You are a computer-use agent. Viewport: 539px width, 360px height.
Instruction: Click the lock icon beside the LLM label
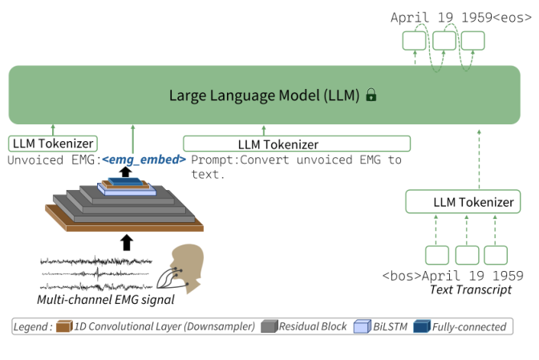(x=371, y=95)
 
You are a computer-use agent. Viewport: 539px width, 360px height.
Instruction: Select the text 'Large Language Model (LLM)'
(x=264, y=95)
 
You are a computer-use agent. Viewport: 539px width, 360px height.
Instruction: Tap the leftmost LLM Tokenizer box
(x=53, y=144)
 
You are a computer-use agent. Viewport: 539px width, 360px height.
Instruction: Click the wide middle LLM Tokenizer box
(x=296, y=144)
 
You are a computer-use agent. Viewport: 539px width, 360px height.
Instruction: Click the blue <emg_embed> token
(x=144, y=160)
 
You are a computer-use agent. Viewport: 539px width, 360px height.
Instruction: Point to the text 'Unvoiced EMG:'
(x=53, y=160)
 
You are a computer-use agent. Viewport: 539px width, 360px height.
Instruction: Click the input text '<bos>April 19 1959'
(x=452, y=276)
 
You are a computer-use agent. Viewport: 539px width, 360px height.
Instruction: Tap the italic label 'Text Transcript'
(x=470, y=289)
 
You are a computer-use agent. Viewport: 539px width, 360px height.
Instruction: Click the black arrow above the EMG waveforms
(x=125, y=242)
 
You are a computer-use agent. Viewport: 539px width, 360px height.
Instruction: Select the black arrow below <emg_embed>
(x=125, y=172)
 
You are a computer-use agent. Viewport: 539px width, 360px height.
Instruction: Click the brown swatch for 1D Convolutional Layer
(x=69, y=326)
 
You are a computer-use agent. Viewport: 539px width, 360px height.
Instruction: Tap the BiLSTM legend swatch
(x=364, y=326)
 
